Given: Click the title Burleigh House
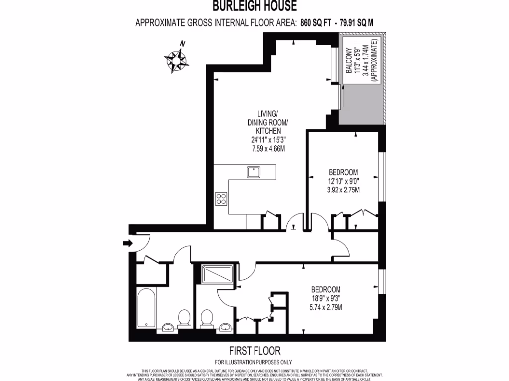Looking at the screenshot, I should point(254,6).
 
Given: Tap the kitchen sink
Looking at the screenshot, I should point(254,172).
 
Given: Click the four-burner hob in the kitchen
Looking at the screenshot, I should point(221,199).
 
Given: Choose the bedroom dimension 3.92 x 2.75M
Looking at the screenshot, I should point(343,190).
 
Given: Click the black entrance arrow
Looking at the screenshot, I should point(127,243).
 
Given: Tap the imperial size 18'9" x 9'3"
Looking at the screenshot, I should point(326,298).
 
